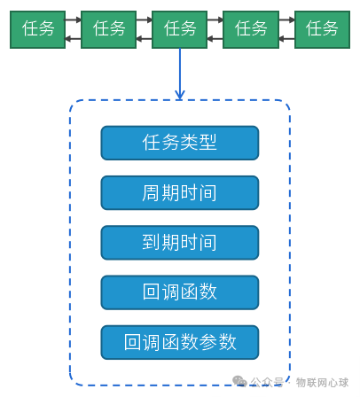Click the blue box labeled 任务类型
(x=180, y=143)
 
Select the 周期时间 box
(x=180, y=193)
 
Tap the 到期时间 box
(x=180, y=243)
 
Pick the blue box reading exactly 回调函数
(x=180, y=292)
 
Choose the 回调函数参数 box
(x=180, y=342)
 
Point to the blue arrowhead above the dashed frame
(x=180, y=95)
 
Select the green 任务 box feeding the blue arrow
(x=179, y=29)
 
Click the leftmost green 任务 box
(x=37, y=29)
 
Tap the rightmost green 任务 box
(x=322, y=29)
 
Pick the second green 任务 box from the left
(x=108, y=29)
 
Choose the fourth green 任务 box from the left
(x=251, y=29)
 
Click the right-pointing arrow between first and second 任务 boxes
(x=73, y=19)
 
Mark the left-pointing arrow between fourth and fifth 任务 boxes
(x=286, y=39)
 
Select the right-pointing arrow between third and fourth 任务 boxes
(x=215, y=19)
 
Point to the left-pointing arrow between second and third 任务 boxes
(x=144, y=39)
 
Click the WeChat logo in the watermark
(x=239, y=381)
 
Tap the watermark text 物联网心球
(x=322, y=383)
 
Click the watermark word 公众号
(x=267, y=382)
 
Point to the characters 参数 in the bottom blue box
(x=218, y=342)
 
